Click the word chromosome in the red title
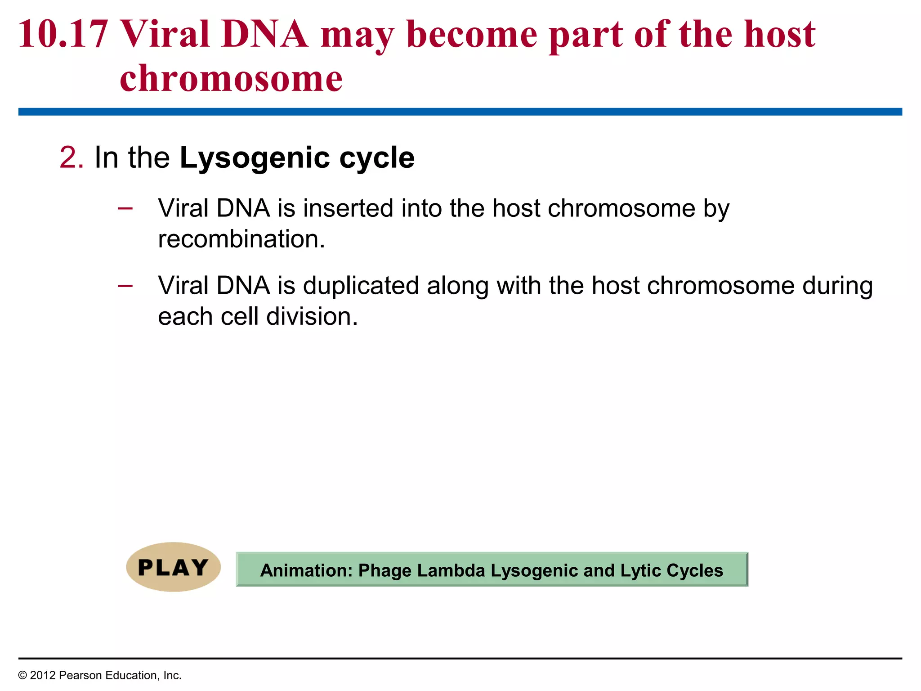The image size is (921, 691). [231, 79]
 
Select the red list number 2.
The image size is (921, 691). [71, 158]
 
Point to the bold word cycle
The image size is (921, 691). [376, 158]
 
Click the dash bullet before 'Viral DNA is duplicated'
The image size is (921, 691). [125, 285]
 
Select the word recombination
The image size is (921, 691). [241, 239]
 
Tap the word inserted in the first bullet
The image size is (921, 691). [348, 208]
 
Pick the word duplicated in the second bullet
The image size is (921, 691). [361, 286]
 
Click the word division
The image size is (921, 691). [312, 317]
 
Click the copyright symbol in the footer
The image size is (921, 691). [22, 676]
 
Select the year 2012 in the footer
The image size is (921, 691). [43, 676]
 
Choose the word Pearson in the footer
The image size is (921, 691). [78, 676]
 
